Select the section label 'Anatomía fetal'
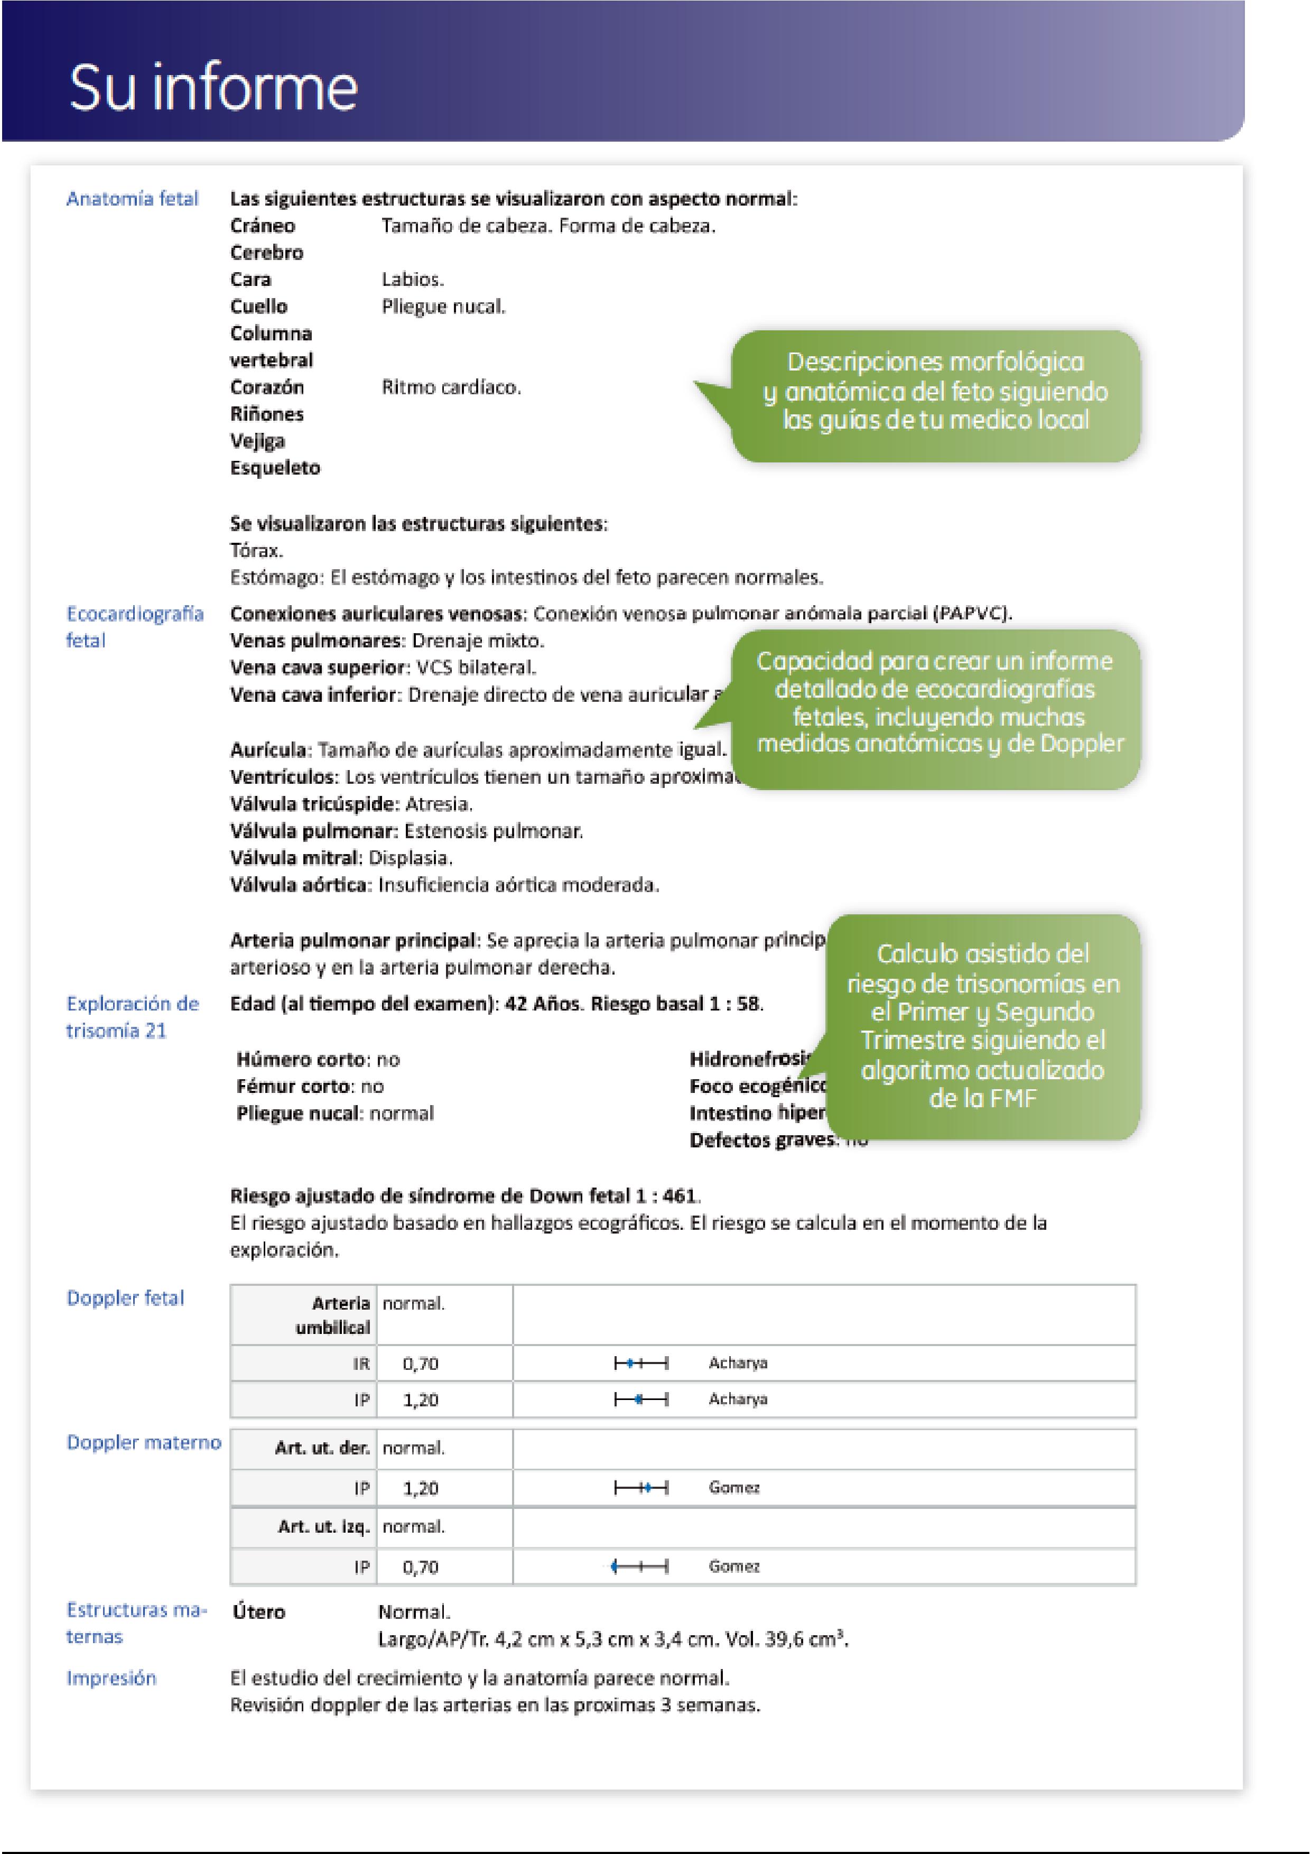[133, 199]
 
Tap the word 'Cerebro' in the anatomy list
[266, 253]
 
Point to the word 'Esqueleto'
[275, 468]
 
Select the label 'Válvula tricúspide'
[314, 804]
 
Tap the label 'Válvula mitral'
[295, 858]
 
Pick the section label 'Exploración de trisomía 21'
[133, 1017]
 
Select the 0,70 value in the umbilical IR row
[421, 1364]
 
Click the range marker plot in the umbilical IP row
[641, 1399]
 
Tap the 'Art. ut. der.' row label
[321, 1448]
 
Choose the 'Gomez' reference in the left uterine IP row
[734, 1566]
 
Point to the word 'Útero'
[258, 1612]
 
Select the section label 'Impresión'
[111, 1679]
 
